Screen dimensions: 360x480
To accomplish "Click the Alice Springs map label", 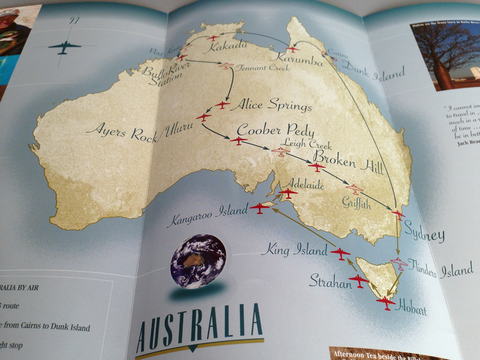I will tap(273, 105).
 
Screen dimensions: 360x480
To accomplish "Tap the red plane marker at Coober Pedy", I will tap(238, 140).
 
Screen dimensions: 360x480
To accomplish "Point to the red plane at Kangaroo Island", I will tap(259, 208).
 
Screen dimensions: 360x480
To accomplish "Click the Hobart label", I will tap(411, 307).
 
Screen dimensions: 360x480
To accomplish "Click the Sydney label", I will tap(424, 232).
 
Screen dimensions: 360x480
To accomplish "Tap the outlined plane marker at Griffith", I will tap(355, 189).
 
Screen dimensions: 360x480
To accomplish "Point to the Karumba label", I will tap(299, 58).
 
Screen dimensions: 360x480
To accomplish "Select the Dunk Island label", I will tap(373, 71).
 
